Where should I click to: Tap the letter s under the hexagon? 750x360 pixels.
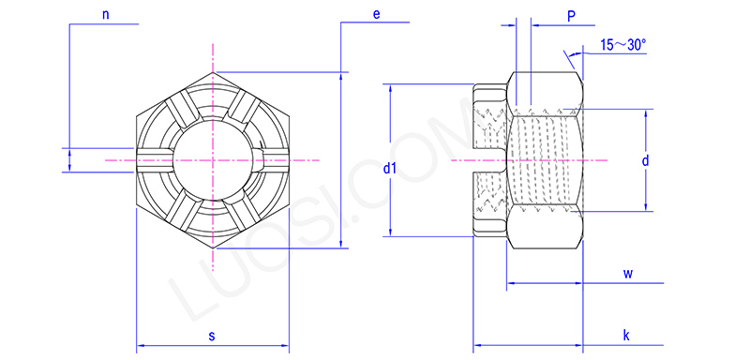click(212, 335)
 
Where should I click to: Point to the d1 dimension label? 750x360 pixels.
click(391, 169)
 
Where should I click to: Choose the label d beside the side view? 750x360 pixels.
click(646, 161)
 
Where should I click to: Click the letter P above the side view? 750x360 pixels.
click(571, 16)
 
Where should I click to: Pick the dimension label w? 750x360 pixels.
click(628, 273)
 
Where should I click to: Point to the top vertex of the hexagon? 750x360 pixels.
click(213, 72)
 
